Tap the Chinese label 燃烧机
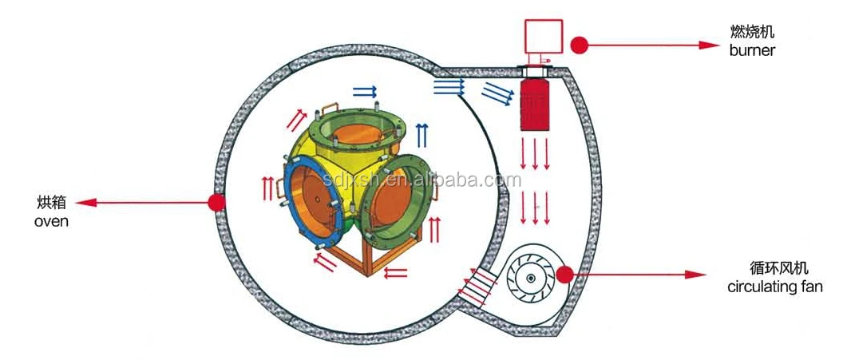click(752, 33)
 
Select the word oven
click(51, 221)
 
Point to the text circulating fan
click(774, 287)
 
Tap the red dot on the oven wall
click(215, 203)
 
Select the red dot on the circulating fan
click(565, 275)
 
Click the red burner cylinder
click(535, 102)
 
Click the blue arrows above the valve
click(365, 89)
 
